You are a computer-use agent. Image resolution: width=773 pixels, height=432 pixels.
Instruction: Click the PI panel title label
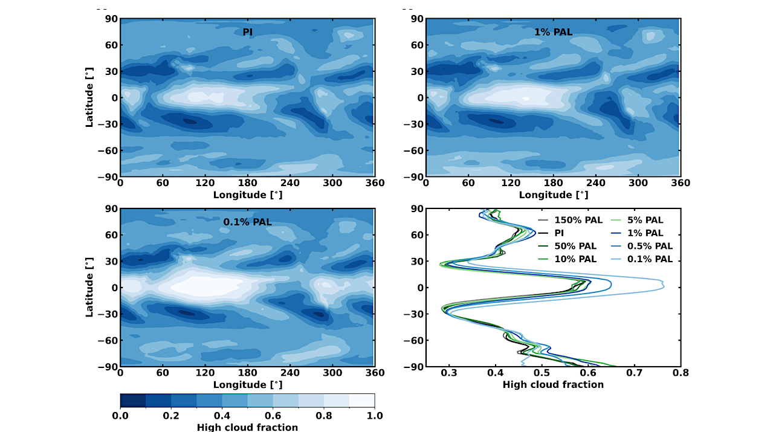click(248, 32)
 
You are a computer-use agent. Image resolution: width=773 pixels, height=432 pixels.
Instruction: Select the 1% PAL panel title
click(553, 32)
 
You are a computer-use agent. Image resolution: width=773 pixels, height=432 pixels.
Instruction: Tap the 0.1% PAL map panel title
click(248, 222)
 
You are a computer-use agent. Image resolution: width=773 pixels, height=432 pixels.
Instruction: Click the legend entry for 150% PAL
click(566, 221)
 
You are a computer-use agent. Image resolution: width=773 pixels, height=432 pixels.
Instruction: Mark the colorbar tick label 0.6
click(273, 416)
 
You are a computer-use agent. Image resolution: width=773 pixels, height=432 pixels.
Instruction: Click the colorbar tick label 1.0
click(374, 416)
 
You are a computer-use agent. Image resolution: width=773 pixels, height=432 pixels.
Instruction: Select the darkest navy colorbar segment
click(133, 401)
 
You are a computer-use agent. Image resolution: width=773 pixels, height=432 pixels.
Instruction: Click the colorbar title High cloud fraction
click(247, 427)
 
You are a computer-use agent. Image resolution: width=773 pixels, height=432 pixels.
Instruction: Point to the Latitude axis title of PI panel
click(89, 97)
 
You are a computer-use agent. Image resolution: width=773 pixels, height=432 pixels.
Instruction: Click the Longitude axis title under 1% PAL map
click(553, 195)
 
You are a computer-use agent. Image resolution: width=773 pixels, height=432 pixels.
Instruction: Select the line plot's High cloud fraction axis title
click(553, 384)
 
